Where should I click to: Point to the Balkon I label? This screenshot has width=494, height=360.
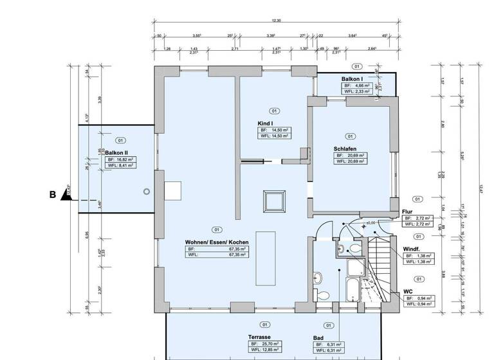[x=352, y=78]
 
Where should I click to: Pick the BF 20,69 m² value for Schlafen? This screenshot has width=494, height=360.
[x=349, y=155]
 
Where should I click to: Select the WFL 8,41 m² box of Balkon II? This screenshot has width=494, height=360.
[x=120, y=165]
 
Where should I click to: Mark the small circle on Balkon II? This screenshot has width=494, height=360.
[x=147, y=192]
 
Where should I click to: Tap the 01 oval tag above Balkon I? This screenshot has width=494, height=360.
[x=356, y=66]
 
